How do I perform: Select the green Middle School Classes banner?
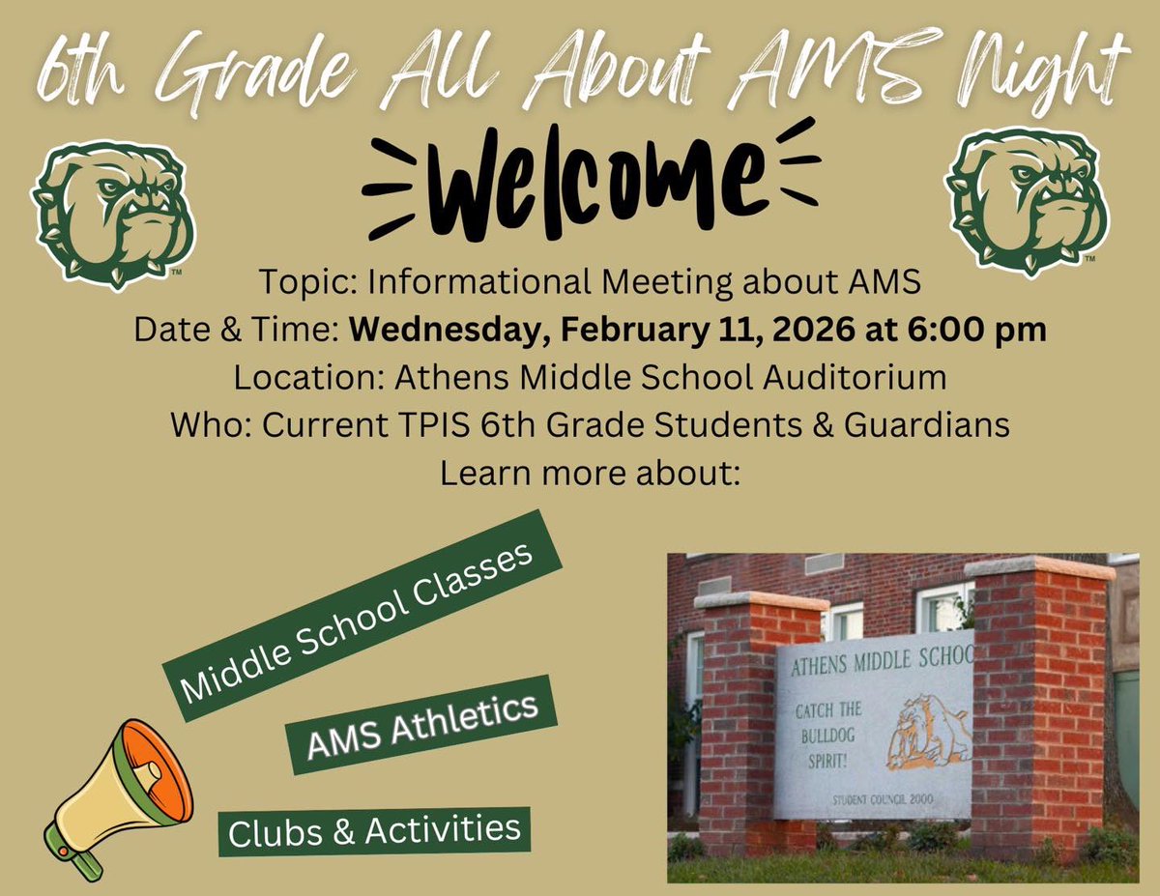tap(361, 615)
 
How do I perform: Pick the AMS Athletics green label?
tap(421, 725)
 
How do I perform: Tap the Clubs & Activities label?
tap(373, 830)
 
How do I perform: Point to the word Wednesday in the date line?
tap(438, 329)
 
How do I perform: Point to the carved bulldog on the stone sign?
tap(929, 735)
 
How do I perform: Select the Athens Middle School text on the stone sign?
tap(881, 665)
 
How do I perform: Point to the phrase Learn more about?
tap(589, 474)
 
